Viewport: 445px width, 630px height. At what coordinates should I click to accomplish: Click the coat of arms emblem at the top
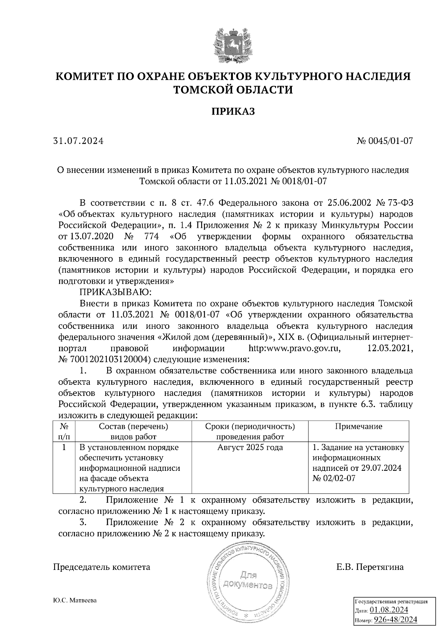233,44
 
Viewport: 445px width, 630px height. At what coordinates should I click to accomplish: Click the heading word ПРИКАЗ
233,112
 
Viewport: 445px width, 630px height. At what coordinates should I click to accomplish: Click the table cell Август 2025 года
250,447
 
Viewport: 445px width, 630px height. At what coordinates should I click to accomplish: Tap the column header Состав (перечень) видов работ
133,431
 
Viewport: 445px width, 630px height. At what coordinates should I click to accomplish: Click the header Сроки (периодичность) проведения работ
250,431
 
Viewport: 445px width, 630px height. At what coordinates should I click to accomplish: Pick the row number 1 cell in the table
64,447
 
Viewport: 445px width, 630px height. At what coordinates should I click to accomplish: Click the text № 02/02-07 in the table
334,478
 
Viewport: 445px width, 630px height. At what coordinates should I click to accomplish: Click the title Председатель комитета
102,567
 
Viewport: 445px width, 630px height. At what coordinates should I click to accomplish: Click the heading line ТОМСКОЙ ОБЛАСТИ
233,90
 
